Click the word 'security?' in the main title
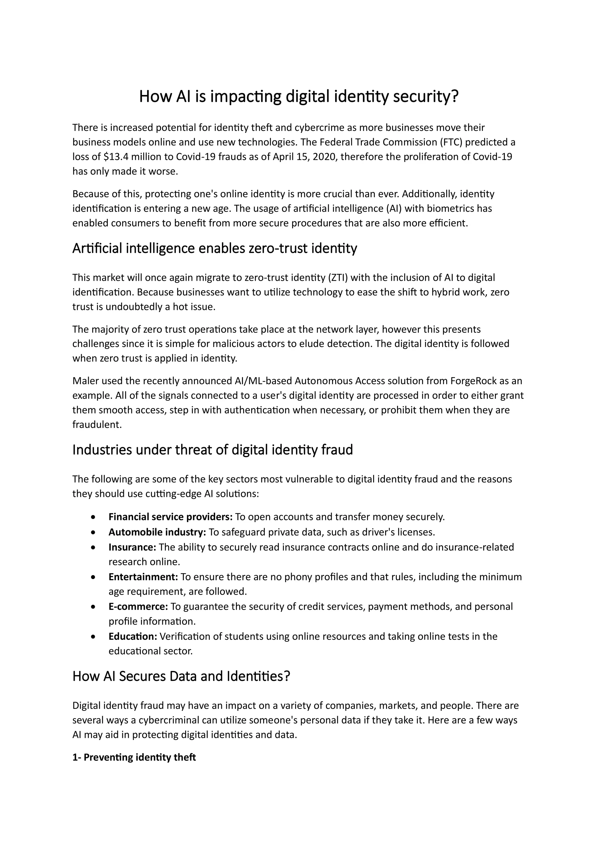426,96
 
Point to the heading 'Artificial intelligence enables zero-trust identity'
214,248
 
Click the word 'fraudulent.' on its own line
97,425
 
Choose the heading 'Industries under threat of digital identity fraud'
213,450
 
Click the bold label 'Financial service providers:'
170,517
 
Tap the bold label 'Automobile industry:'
157,532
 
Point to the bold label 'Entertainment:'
143,577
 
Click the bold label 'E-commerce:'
138,606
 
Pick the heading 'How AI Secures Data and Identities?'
181,676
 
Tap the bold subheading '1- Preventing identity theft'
134,757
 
